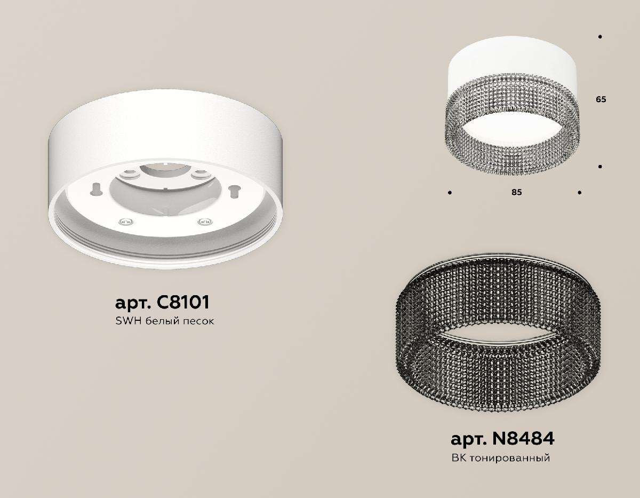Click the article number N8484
pyautogui.click(x=523, y=439)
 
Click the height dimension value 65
pyautogui.click(x=601, y=99)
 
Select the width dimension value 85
pyautogui.click(x=516, y=192)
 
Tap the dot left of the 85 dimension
pyautogui.click(x=450, y=192)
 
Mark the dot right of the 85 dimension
pyautogui.click(x=580, y=192)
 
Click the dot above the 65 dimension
pyautogui.click(x=601, y=37)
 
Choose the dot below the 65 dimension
pyautogui.click(x=601, y=167)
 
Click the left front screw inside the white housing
pyautogui.click(x=123, y=221)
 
